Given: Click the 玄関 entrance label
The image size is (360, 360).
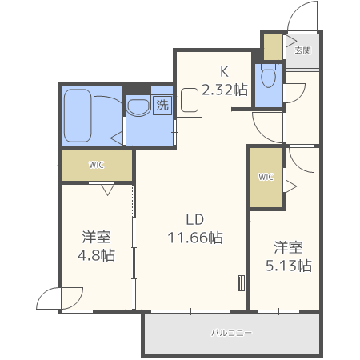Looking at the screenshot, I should tap(302, 50).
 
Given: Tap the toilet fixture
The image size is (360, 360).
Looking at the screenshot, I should tap(270, 77).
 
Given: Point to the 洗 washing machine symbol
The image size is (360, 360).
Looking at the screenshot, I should tap(162, 105).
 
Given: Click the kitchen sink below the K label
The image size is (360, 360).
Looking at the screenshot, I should tap(190, 99).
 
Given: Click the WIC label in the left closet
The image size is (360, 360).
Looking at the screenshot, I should tap(97, 166).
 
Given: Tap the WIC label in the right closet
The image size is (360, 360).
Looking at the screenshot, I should tap(266, 177).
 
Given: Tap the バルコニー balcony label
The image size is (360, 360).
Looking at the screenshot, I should tap(231, 332).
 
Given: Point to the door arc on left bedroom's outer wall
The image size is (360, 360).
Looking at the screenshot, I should tap(48, 298).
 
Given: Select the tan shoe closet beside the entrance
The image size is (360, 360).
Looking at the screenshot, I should tap(273, 47).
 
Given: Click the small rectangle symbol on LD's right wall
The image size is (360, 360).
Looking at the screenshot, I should tap(240, 283).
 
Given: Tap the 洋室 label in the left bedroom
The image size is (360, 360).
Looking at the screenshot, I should tap(96, 238).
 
